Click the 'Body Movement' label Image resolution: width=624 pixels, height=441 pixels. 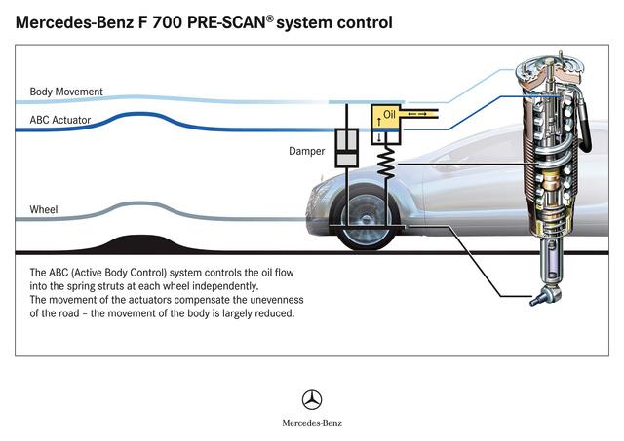66,92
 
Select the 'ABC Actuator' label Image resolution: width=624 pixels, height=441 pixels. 60,120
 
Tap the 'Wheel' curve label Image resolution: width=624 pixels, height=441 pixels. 44,209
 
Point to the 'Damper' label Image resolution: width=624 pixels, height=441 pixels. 306,151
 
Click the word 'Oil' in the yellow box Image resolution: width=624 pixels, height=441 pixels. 389,115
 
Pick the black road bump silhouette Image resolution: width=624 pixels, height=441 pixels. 139,243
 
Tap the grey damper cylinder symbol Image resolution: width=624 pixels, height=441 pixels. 347,148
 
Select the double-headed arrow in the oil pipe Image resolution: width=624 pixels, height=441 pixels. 417,115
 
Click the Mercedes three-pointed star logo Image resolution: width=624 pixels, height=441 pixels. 312,399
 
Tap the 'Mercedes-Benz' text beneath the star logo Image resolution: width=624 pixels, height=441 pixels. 312,423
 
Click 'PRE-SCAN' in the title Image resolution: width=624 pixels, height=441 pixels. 226,22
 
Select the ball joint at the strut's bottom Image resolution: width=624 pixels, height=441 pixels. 546,296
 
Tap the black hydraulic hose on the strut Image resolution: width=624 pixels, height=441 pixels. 585,124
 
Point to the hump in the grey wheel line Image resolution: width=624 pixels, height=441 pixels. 137,204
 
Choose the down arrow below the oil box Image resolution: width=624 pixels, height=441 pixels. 379,138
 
